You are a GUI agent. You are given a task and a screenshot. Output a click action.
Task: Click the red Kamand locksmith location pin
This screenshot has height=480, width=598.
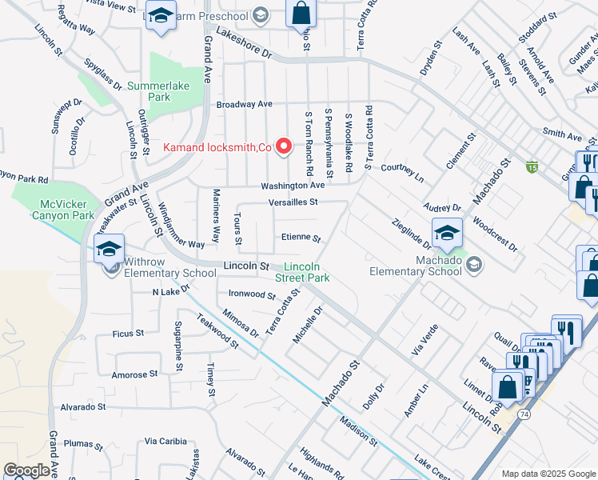pyautogui.click(x=283, y=146)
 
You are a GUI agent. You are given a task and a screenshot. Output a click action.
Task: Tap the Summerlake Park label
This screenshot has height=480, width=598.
pyautogui.click(x=148, y=90)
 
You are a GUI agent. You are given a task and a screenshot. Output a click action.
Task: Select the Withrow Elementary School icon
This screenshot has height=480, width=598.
pyautogui.click(x=110, y=250)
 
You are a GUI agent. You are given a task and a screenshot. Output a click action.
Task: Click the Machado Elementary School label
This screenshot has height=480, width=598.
pyautogui.click(x=416, y=265)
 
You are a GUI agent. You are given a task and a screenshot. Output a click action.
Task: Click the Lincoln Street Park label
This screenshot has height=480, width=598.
pyautogui.click(x=307, y=271)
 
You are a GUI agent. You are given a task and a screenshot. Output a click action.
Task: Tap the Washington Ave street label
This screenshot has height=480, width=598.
pyautogui.click(x=292, y=186)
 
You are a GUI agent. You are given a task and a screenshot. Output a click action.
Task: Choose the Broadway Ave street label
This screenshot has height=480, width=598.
pyautogui.click(x=245, y=104)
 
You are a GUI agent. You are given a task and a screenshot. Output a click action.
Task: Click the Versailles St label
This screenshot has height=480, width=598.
pyautogui.click(x=293, y=202)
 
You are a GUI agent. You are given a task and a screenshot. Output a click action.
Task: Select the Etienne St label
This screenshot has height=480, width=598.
pyautogui.click(x=300, y=238)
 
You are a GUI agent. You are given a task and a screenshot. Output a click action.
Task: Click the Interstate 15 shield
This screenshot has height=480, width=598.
pyautogui.click(x=532, y=166)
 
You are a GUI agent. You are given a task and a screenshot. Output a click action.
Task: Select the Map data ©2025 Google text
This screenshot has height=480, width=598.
pyautogui.click(x=548, y=474)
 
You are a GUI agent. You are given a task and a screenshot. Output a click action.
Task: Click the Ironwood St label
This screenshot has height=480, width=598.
pyautogui.click(x=252, y=294)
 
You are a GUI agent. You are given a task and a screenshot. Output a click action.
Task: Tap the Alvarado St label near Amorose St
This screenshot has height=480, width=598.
pyautogui.click(x=82, y=406)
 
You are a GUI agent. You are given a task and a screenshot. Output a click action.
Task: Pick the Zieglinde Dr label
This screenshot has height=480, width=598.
pyautogui.click(x=412, y=234)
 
